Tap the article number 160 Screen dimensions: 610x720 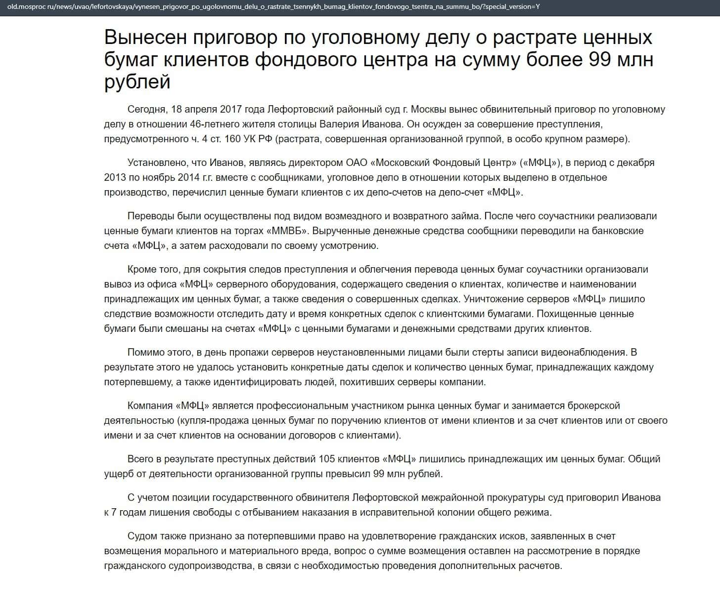click(232, 139)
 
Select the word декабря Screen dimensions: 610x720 click(635, 163)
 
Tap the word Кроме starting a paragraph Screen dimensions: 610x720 click(142, 269)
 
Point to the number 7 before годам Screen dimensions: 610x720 click(114, 512)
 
